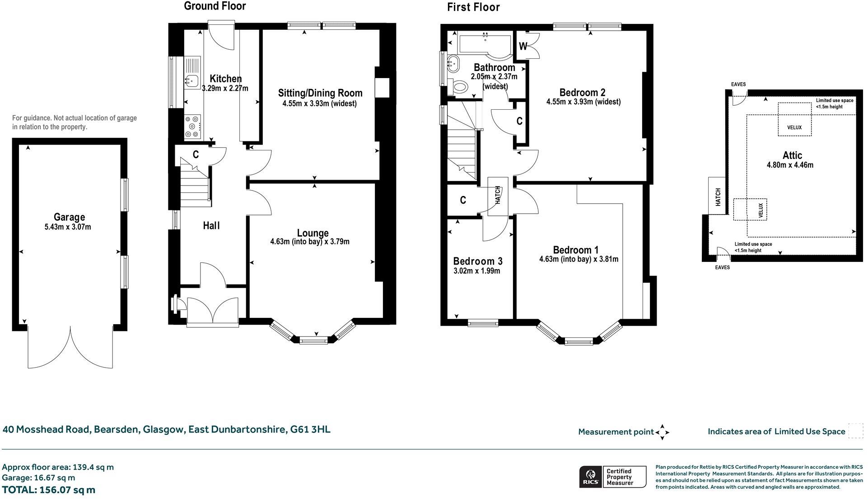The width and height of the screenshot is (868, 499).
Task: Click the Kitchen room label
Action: point(225,79)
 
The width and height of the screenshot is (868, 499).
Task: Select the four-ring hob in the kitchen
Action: point(192,127)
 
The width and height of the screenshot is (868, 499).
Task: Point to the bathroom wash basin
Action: point(452,63)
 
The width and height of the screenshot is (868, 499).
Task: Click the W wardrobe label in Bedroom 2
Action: point(523,46)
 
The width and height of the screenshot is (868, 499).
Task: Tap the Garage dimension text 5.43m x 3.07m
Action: point(68,227)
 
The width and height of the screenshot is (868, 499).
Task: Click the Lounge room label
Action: point(313,233)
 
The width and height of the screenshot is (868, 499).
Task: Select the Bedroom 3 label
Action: point(477,261)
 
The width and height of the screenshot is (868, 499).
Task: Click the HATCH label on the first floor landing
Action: point(498,195)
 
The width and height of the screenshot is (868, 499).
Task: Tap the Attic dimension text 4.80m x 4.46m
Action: point(790,165)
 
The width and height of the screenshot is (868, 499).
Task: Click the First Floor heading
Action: point(473,7)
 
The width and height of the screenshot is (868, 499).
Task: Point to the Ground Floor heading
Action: point(215,6)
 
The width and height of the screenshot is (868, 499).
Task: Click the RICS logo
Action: point(590,477)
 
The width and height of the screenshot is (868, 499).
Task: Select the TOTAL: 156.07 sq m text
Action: point(49,490)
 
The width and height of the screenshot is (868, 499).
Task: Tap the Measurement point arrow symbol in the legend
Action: point(662,432)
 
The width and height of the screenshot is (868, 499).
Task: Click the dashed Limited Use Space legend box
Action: point(855,431)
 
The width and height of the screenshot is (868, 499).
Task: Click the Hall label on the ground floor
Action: point(211,225)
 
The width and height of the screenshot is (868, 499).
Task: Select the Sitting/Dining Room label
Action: point(320,93)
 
